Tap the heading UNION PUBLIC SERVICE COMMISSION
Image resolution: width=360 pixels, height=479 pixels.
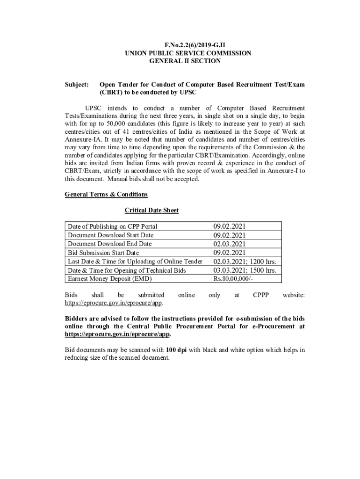click(x=187, y=53)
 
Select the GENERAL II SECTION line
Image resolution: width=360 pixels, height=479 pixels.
click(x=185, y=61)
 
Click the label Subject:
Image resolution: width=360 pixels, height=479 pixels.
click(x=77, y=85)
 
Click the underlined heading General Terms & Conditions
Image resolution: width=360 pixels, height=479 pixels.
click(x=106, y=194)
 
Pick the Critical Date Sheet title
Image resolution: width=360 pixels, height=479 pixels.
click(x=151, y=210)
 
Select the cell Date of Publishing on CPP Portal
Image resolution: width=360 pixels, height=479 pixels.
click(x=112, y=226)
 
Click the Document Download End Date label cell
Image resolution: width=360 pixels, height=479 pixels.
click(x=109, y=244)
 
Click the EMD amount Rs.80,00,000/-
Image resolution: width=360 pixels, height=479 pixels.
click(x=233, y=279)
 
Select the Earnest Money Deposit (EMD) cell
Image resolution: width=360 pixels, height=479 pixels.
click(x=109, y=279)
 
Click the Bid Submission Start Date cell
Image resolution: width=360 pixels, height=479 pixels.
click(x=103, y=253)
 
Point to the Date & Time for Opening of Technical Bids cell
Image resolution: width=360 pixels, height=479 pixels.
click(x=127, y=270)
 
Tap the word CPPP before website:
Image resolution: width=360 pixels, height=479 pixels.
click(x=260, y=295)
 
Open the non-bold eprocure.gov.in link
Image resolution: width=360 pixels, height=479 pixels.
click(x=113, y=303)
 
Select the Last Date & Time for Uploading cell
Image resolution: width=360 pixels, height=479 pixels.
click(x=135, y=261)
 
